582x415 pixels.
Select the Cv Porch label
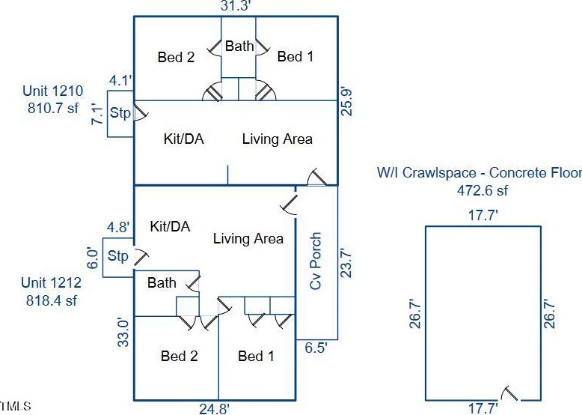click(x=316, y=261)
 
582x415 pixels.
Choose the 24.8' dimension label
click(x=214, y=408)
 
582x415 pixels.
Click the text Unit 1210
click(x=52, y=92)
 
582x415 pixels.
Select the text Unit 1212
click(x=51, y=284)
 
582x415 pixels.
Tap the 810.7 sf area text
click(x=52, y=109)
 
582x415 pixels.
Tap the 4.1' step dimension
click(x=120, y=79)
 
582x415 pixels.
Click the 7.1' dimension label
click(x=96, y=113)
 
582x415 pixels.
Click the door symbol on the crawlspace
click(x=511, y=393)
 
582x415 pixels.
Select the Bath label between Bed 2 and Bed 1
click(x=239, y=46)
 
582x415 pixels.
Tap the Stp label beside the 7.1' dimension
click(x=120, y=114)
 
